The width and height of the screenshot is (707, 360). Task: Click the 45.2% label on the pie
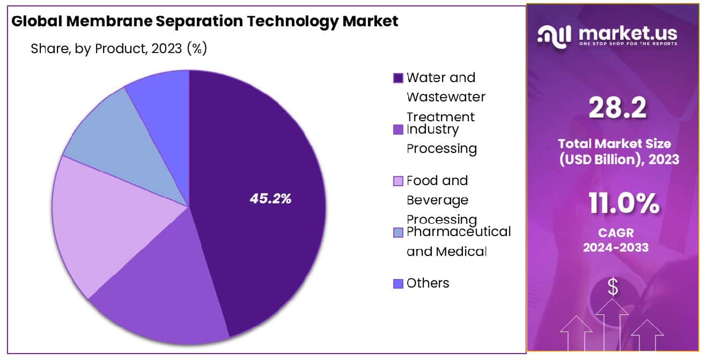pyautogui.click(x=270, y=199)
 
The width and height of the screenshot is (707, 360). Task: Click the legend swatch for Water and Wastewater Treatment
pyautogui.click(x=398, y=78)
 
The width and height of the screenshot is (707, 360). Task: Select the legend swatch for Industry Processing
pyautogui.click(x=398, y=130)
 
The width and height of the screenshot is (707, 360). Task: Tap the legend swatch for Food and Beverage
pyautogui.click(x=398, y=181)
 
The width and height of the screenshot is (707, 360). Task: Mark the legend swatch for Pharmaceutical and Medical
pyautogui.click(x=398, y=232)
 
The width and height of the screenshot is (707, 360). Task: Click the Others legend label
pyautogui.click(x=428, y=283)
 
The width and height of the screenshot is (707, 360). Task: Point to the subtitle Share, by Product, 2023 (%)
pyautogui.click(x=119, y=49)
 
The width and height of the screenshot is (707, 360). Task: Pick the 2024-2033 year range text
pyautogui.click(x=615, y=247)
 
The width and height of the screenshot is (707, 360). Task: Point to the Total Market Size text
pyautogui.click(x=614, y=144)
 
